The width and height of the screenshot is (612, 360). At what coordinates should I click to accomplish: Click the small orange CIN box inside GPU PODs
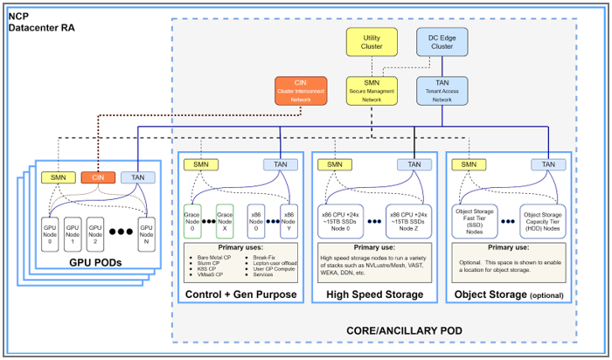click(98, 178)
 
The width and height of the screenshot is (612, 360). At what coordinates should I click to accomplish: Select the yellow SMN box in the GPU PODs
click(59, 178)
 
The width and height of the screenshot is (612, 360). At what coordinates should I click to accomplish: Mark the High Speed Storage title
click(374, 294)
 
